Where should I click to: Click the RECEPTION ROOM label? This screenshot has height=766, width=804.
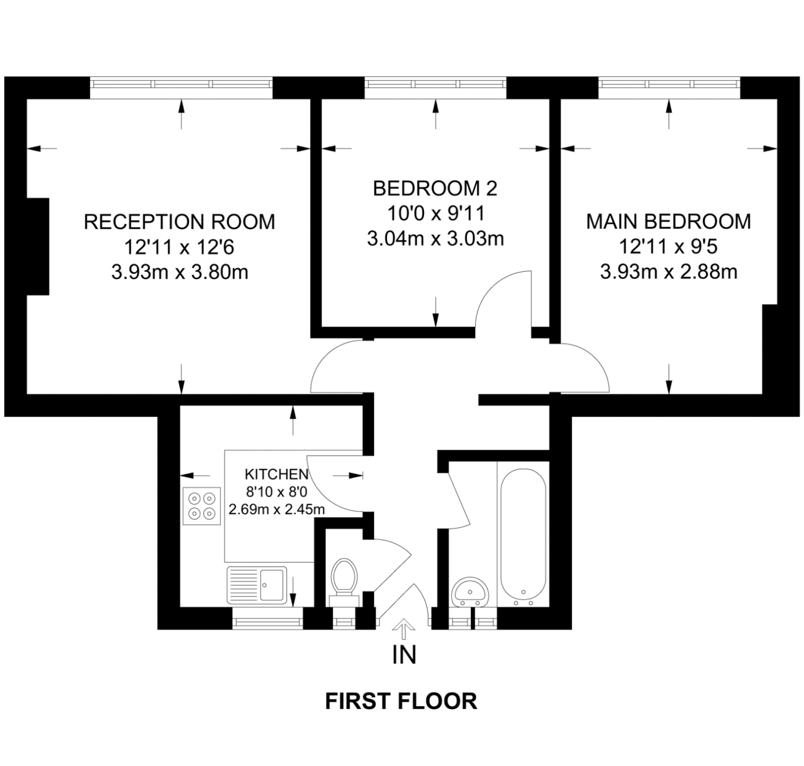tap(179, 222)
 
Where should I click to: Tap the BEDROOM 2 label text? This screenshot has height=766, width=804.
tap(435, 189)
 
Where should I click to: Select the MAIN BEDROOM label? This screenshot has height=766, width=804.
tap(669, 222)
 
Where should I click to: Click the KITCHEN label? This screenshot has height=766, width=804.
tap(277, 475)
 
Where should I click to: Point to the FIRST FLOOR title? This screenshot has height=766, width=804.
tap(401, 701)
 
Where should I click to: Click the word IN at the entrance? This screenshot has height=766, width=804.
tap(404, 655)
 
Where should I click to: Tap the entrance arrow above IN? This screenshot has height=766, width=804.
tap(404, 629)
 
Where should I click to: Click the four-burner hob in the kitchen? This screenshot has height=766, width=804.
tap(202, 506)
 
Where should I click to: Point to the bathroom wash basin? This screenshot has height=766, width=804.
tap(470, 592)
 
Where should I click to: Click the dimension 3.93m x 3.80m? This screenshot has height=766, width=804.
tap(179, 272)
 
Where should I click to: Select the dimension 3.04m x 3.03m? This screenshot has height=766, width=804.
tap(435, 239)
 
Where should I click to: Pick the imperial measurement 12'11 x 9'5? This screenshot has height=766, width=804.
tap(669, 246)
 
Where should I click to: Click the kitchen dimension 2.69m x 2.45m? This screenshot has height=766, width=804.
tap(277, 510)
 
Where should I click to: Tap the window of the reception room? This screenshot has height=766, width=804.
tap(181, 84)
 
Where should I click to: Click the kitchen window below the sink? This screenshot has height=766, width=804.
tap(267, 623)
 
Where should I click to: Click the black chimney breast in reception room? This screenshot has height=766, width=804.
tap(38, 246)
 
